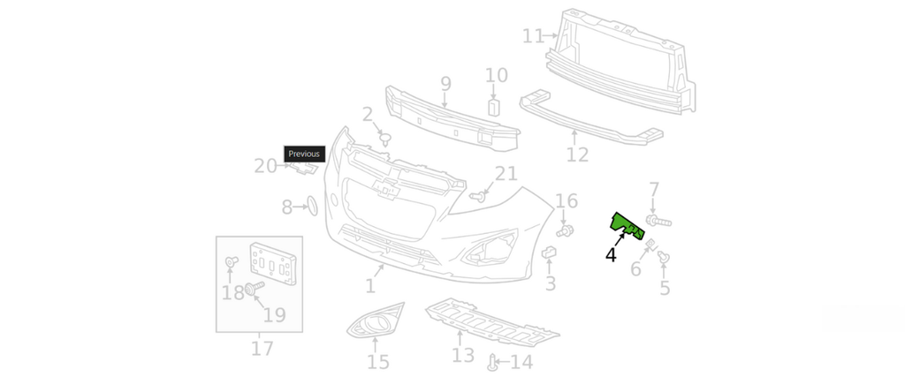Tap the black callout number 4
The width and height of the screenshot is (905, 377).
tap(611, 255)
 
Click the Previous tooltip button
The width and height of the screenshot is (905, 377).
tap(304, 154)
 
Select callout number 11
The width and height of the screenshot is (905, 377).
tap(533, 36)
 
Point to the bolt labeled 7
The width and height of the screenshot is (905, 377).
tap(659, 219)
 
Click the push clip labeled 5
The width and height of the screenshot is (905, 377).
tap(664, 257)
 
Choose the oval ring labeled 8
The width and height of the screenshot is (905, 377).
tap(311, 207)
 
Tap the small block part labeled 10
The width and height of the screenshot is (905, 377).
tap(495, 108)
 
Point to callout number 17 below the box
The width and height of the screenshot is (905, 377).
tap(262, 349)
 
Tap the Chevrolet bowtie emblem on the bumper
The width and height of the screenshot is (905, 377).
tap(387, 189)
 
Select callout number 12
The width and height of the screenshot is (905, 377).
tap(577, 155)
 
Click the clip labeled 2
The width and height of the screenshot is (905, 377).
tap(385, 138)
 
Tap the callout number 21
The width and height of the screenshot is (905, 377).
tap(506, 174)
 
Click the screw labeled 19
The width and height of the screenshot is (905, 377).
tap(254, 289)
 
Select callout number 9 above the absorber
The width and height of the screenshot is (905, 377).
tap(445, 84)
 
